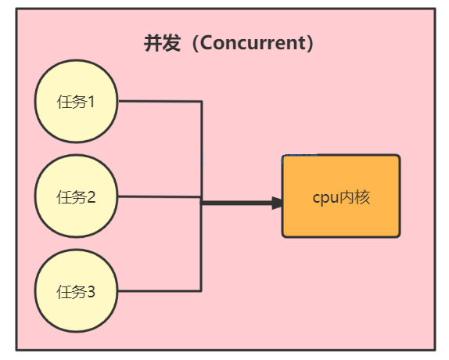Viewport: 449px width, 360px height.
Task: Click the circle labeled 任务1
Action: pyautogui.click(x=76, y=101)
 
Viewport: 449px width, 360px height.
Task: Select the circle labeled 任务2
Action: pyautogui.click(x=76, y=196)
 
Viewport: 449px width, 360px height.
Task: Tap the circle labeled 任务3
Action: pyautogui.click(x=76, y=291)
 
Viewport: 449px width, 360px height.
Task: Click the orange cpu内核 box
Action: pyautogui.click(x=341, y=196)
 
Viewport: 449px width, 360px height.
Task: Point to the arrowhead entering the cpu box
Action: pyautogui.click(x=277, y=203)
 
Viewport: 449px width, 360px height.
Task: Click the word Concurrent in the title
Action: pyautogui.click(x=253, y=43)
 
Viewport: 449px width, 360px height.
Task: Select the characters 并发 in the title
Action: pyautogui.click(x=162, y=43)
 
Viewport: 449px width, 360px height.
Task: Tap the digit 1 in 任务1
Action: pyautogui.click(x=91, y=102)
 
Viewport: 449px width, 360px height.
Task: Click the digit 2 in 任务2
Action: pyautogui.click(x=91, y=197)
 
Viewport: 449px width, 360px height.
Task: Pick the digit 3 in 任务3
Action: pyautogui.click(x=91, y=292)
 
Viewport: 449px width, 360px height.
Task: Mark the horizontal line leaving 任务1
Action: pyautogui.click(x=160, y=101)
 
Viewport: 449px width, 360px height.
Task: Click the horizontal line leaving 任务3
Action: pyautogui.click(x=160, y=291)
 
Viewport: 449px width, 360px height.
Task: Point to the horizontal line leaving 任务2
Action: pyautogui.click(x=160, y=196)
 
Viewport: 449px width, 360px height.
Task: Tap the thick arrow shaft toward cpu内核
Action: pyautogui.click(x=236, y=203)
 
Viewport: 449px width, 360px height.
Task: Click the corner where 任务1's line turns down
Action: pyautogui.click(x=202, y=102)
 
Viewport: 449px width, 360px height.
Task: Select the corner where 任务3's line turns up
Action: pyautogui.click(x=201, y=291)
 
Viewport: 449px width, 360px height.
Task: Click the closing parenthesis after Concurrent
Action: pyautogui.click(x=311, y=44)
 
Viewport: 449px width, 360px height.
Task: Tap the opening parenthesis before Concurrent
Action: pyautogui.click(x=196, y=44)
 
